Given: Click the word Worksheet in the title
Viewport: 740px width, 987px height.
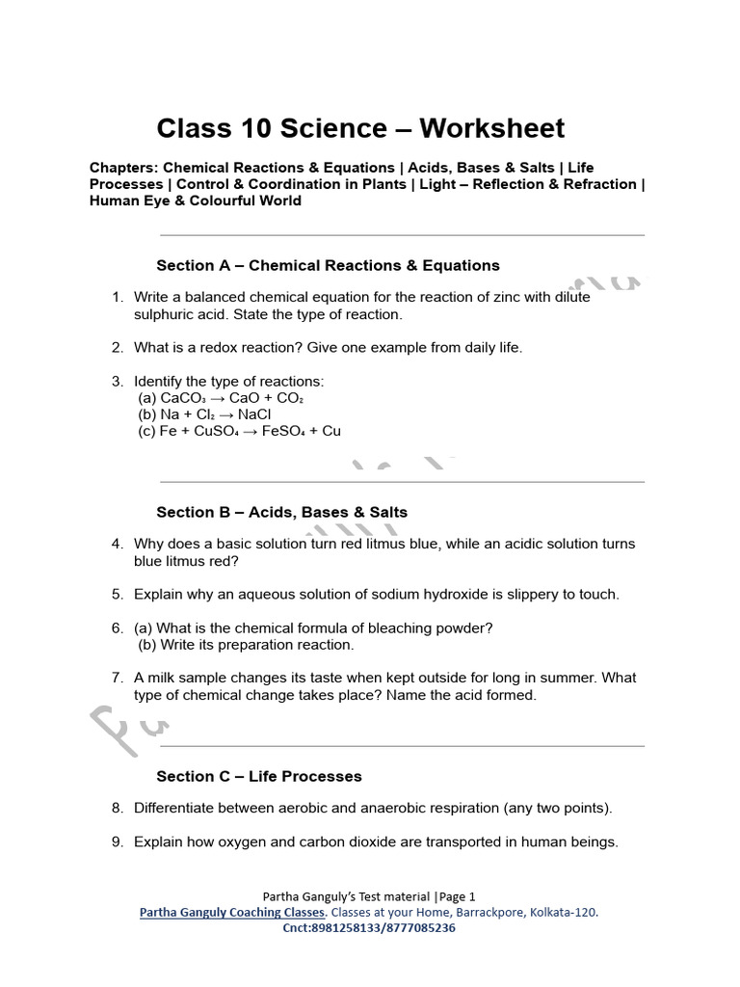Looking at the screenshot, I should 480,128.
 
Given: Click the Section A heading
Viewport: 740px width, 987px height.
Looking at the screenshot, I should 328,265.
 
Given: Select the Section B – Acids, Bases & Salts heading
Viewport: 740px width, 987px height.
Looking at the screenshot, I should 281,512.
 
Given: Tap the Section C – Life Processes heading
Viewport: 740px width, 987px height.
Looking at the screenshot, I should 258,776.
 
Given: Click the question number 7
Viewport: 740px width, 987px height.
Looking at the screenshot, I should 117,678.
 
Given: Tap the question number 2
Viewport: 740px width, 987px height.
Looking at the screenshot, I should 117,347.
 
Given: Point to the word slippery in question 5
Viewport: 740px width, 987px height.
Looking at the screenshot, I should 526,594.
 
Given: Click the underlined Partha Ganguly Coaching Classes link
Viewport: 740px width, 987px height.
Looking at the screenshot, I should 232,912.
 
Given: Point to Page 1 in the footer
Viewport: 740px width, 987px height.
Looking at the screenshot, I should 457,895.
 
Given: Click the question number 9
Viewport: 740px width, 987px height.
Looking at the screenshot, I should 117,841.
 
